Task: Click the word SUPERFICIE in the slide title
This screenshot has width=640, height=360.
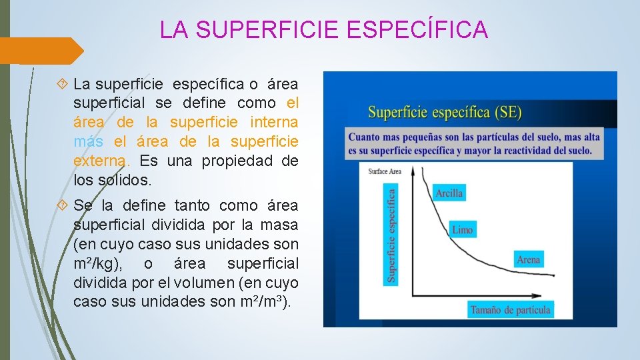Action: (x=270, y=29)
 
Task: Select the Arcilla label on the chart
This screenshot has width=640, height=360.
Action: (x=449, y=193)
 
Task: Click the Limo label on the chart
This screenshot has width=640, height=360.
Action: (x=462, y=230)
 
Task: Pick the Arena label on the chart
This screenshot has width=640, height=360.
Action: (x=528, y=259)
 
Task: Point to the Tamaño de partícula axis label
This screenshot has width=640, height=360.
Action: (x=510, y=309)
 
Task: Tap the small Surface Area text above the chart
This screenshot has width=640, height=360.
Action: (x=385, y=172)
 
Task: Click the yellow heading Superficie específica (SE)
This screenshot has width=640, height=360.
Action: (x=445, y=112)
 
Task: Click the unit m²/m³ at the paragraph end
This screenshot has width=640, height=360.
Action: (x=265, y=302)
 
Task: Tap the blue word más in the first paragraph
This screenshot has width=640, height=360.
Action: (x=89, y=142)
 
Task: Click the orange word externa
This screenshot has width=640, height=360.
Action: (x=102, y=161)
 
